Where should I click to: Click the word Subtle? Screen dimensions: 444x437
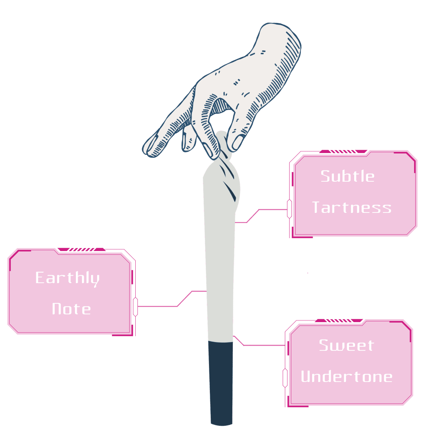(348, 176)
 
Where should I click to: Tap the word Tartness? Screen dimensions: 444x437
(352, 207)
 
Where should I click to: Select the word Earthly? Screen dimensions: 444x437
(67, 278)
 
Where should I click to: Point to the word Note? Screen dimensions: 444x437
(71, 309)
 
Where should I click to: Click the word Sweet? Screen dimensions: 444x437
(346, 345)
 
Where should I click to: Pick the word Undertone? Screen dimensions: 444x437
(346, 376)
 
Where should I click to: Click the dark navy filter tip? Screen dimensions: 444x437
(221, 382)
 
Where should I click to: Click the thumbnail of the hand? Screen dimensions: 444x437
(238, 141)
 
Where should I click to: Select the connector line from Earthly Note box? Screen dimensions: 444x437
(173, 306)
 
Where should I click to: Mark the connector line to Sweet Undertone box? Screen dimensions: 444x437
(260, 345)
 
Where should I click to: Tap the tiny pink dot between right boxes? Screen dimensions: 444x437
(307, 273)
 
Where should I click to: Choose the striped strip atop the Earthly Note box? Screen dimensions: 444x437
(80, 250)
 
